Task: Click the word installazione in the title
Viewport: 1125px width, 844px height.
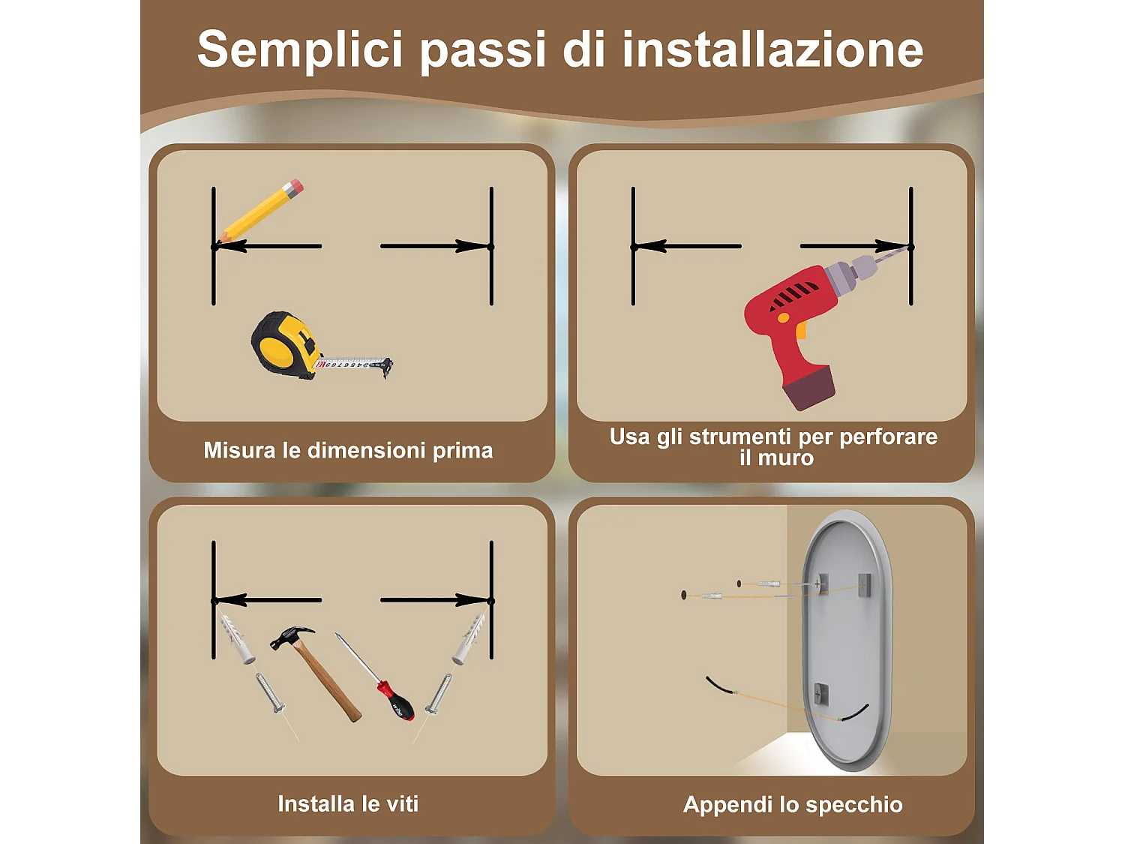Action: (x=772, y=50)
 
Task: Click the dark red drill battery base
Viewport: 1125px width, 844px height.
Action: (x=808, y=387)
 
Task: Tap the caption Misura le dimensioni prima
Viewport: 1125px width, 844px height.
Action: (x=348, y=450)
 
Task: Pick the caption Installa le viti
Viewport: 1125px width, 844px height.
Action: (x=348, y=803)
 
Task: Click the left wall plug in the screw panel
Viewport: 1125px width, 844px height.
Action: (x=237, y=639)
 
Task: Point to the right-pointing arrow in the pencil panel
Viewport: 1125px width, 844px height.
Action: (x=435, y=246)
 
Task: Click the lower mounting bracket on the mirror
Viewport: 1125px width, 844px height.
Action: (x=821, y=694)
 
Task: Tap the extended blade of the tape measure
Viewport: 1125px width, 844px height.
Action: (x=352, y=364)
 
